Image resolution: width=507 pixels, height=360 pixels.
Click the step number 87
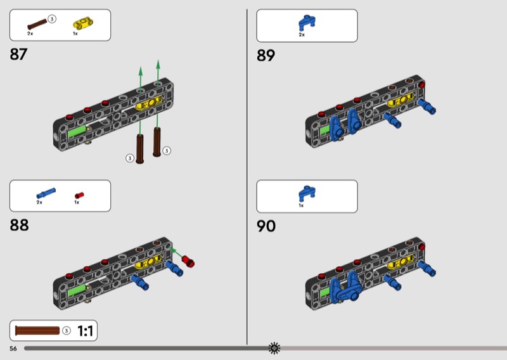pyautogui.click(x=18, y=54)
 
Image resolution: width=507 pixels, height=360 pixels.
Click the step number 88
pyautogui.click(x=19, y=225)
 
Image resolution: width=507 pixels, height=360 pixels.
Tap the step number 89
pyautogui.click(x=266, y=55)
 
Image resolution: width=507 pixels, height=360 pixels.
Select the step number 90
pyautogui.click(x=266, y=226)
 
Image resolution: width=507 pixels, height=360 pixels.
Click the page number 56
pyautogui.click(x=13, y=349)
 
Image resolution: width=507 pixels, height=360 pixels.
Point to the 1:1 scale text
pyautogui.click(x=86, y=331)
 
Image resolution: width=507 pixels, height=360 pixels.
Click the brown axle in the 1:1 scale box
pyautogui.click(x=37, y=331)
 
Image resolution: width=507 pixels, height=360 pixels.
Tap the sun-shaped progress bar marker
pyautogui.click(x=274, y=348)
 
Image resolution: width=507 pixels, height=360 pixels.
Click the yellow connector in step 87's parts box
pyautogui.click(x=83, y=24)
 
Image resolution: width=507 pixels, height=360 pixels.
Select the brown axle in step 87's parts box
pyautogui.click(x=37, y=24)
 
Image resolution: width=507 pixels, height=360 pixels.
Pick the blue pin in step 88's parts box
pyautogui.click(x=46, y=193)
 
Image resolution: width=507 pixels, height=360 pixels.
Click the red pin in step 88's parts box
pyautogui.click(x=79, y=195)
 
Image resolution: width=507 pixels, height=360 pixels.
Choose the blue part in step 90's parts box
pyautogui.click(x=307, y=193)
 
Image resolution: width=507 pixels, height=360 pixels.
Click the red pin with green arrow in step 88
pyautogui.click(x=188, y=261)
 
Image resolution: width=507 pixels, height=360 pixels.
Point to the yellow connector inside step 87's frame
pyautogui.click(x=149, y=103)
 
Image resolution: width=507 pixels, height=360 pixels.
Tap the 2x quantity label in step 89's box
pyautogui.click(x=302, y=35)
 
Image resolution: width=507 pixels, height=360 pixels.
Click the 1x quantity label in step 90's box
pyautogui.click(x=302, y=205)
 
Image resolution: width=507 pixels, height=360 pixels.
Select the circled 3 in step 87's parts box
pyautogui.click(x=52, y=19)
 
